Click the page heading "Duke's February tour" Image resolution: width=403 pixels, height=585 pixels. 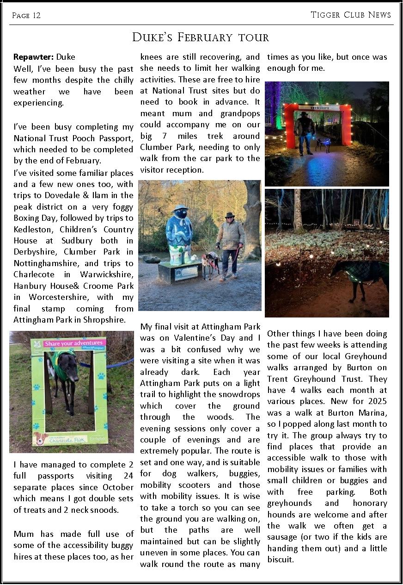pos(201,37)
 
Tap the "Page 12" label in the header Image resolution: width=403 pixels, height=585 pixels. pos(26,16)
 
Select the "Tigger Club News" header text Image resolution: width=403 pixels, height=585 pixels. pos(351,15)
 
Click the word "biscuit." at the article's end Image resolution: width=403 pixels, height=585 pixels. pos(281,560)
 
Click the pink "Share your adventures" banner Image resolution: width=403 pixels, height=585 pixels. pos(75,343)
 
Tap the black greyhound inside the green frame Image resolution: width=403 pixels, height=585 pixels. pos(67,375)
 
